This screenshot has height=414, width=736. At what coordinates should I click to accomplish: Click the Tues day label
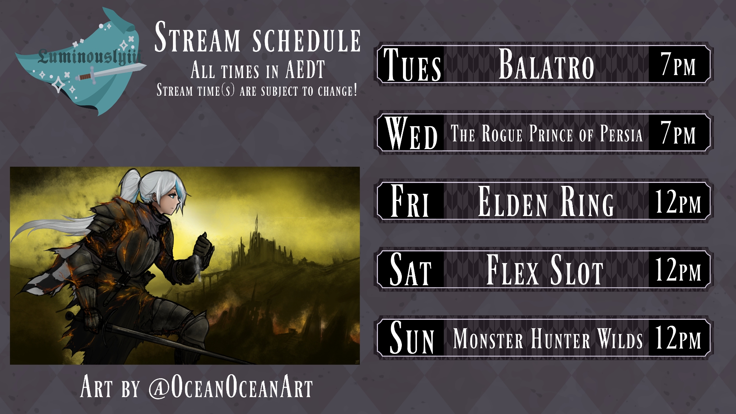[x=412, y=64]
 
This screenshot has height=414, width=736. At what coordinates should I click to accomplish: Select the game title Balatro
[x=546, y=64]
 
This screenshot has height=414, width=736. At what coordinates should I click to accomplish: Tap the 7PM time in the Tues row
[x=678, y=64]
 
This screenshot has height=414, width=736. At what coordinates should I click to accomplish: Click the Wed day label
[x=411, y=133]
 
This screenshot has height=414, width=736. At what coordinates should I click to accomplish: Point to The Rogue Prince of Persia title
[x=547, y=133]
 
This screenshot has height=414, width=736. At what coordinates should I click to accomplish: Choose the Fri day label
[x=410, y=201]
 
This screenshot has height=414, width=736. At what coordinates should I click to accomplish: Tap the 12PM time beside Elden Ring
[x=678, y=201]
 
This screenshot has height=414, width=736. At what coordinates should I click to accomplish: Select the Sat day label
[x=410, y=269]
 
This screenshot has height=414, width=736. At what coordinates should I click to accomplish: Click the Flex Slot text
[x=545, y=270]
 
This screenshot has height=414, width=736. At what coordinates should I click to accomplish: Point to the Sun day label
[x=412, y=338]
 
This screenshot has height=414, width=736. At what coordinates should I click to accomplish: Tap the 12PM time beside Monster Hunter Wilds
[x=678, y=338]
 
